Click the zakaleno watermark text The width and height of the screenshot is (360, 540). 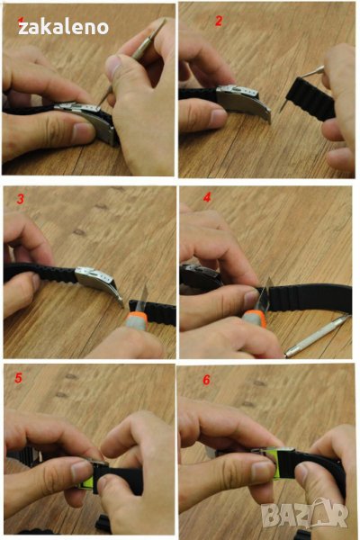point(63,27)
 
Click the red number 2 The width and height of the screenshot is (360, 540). point(219,21)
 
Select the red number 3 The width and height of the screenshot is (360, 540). point(21,199)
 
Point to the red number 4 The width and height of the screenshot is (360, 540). point(207,197)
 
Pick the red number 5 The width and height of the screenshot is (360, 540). point(18,378)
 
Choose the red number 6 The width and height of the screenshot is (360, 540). point(206,380)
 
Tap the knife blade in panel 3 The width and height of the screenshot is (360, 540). point(143,299)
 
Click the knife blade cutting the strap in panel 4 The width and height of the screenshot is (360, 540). point(265,295)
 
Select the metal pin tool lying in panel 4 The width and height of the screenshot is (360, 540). point(318,336)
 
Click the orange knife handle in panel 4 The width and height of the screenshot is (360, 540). point(255,318)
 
